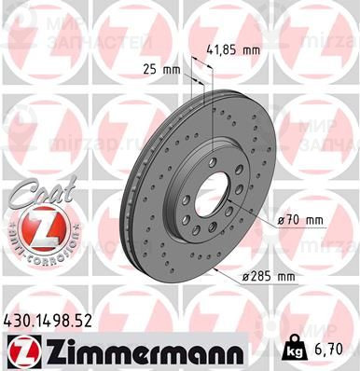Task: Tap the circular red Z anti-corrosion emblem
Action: [x=33, y=230]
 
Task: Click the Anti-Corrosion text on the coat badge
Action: [x=33, y=254]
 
